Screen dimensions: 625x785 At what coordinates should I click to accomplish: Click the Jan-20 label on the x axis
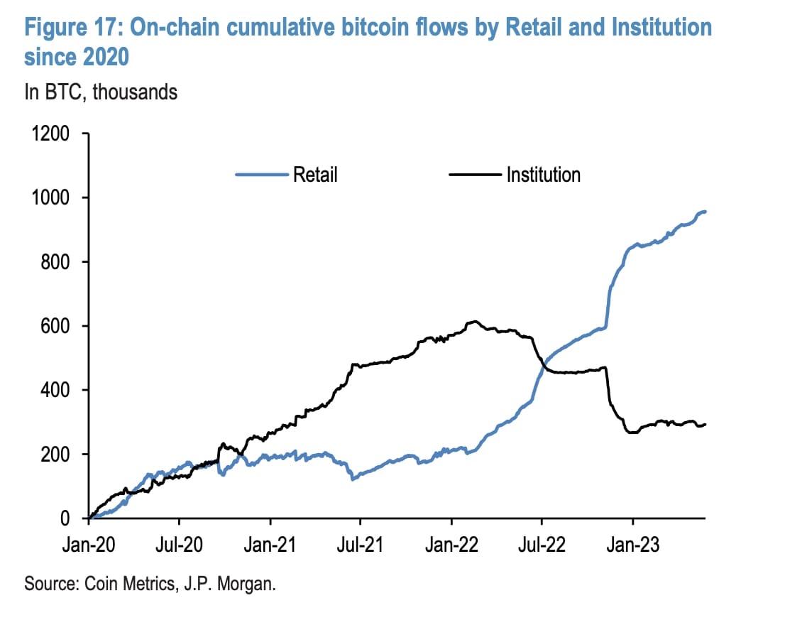pyautogui.click(x=90, y=545)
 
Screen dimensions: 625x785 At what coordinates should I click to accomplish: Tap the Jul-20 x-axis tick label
pyautogui.click(x=180, y=545)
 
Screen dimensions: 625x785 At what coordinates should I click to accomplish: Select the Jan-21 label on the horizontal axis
pyautogui.click(x=270, y=545)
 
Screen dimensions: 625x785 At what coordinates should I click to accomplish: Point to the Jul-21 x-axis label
pyautogui.click(x=360, y=545)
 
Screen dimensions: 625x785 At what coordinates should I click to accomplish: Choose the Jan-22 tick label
pyautogui.click(x=451, y=545)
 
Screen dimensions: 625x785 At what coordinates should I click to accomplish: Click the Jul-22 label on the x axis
pyautogui.click(x=541, y=545)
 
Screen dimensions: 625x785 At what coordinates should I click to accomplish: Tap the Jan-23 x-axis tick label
pyautogui.click(x=633, y=545)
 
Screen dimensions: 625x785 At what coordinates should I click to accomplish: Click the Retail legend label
pyautogui.click(x=315, y=175)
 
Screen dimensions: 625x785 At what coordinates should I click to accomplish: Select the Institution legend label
pyautogui.click(x=543, y=175)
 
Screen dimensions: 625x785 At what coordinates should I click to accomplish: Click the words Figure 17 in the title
pyautogui.click(x=71, y=28)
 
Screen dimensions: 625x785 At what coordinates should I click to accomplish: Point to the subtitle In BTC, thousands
pyautogui.click(x=101, y=92)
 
